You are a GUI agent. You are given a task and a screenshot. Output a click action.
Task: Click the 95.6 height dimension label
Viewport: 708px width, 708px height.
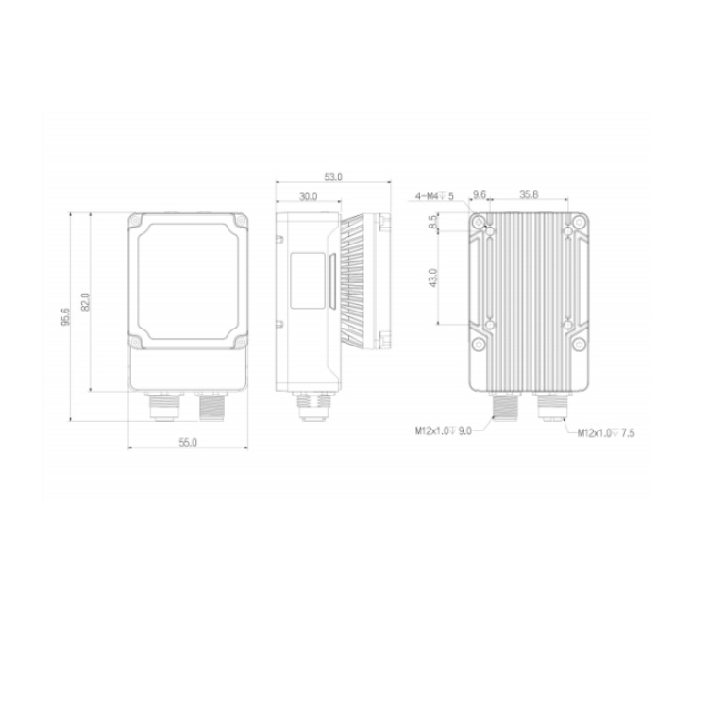pyautogui.click(x=66, y=316)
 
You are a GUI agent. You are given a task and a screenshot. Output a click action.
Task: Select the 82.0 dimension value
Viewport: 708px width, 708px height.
pyautogui.click(x=86, y=302)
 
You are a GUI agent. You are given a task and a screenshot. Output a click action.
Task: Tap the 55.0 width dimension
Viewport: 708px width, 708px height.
pyautogui.click(x=188, y=443)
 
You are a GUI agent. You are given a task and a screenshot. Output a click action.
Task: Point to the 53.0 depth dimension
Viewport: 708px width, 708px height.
pyautogui.click(x=333, y=177)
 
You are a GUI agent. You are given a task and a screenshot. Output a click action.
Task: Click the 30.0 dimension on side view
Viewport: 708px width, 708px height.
pyautogui.click(x=308, y=196)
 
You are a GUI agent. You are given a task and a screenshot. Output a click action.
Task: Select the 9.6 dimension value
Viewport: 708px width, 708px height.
pyautogui.click(x=479, y=194)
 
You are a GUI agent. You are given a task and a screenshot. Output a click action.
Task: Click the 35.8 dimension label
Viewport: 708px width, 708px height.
pyautogui.click(x=529, y=194)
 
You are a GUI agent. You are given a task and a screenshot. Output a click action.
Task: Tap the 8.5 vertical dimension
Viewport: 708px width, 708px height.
pyautogui.click(x=433, y=222)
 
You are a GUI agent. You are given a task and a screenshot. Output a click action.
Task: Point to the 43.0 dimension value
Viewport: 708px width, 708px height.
pyautogui.click(x=433, y=278)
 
